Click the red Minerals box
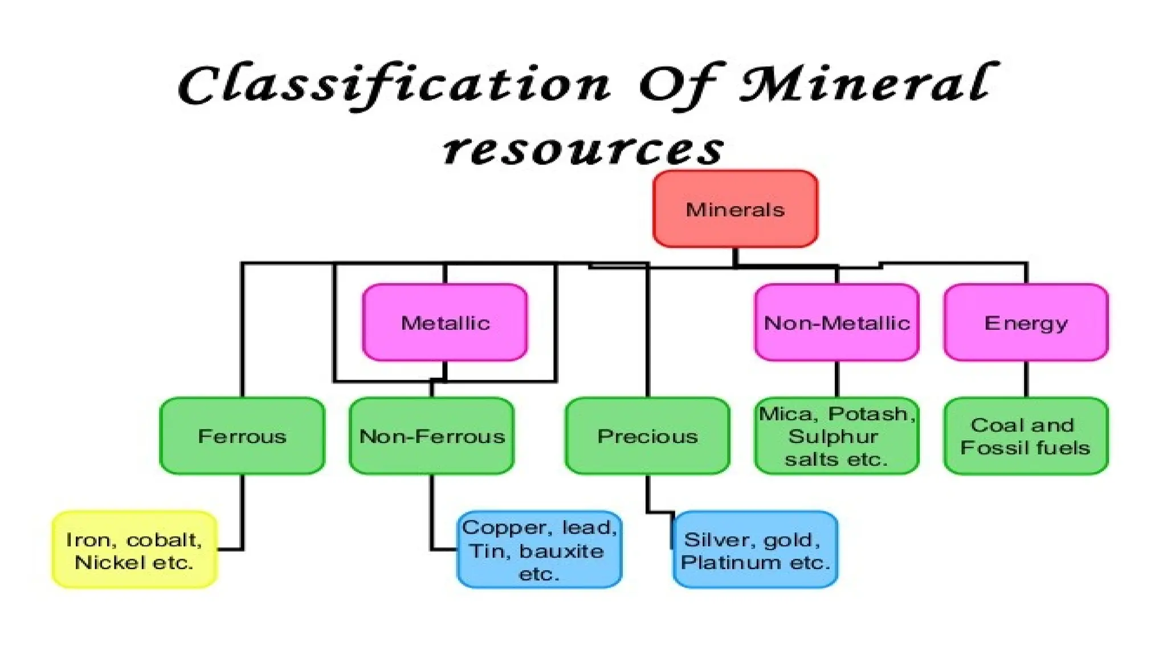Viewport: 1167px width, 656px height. (x=735, y=209)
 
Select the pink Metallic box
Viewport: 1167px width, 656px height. (x=445, y=322)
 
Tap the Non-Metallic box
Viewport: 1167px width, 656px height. (x=837, y=322)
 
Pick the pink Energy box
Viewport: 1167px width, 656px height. (x=1026, y=322)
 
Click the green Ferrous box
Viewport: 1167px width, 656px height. (x=242, y=436)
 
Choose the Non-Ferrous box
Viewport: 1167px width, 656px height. (x=431, y=436)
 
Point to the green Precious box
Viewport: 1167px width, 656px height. (x=647, y=436)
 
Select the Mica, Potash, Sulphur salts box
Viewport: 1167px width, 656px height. (x=837, y=436)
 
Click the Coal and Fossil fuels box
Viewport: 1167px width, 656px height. (x=1026, y=436)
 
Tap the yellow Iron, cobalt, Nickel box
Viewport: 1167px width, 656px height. (x=134, y=550)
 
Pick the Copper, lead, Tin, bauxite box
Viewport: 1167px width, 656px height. (x=539, y=550)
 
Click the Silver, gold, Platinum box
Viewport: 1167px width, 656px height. (x=755, y=550)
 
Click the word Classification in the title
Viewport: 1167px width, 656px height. (x=393, y=85)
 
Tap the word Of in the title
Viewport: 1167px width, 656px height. (x=681, y=85)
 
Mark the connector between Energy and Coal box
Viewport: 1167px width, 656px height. (x=1026, y=379)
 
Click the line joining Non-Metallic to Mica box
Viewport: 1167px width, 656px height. (x=837, y=379)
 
